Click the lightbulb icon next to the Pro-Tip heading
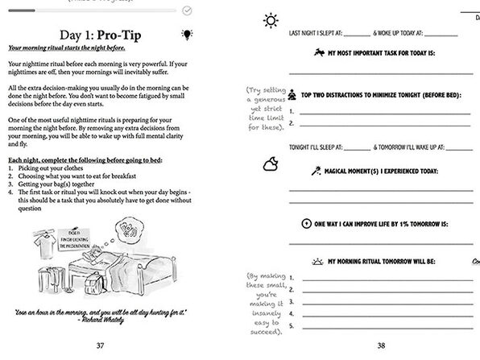(x=188, y=35)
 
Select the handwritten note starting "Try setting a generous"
(x=263, y=110)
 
